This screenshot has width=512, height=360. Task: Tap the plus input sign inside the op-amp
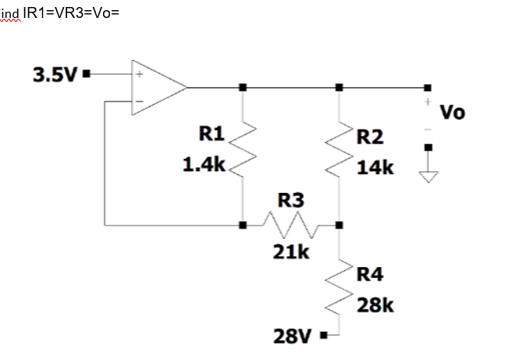point(140,76)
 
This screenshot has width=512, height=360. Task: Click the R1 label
point(211,134)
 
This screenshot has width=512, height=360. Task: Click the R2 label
point(371,138)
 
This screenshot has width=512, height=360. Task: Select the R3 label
point(290,201)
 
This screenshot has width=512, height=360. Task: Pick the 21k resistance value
point(290,251)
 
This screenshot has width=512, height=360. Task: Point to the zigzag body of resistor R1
point(244,150)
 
